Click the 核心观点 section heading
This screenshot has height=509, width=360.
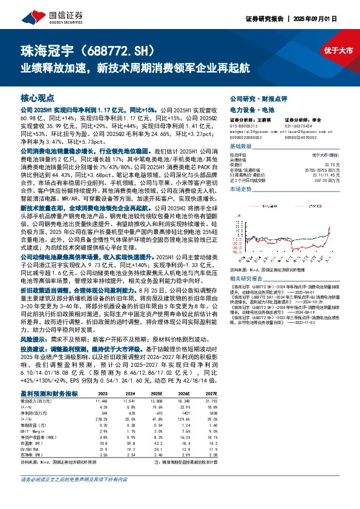click(37, 97)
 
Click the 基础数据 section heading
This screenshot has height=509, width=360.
click(241, 147)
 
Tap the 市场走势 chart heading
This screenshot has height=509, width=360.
click(241, 190)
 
